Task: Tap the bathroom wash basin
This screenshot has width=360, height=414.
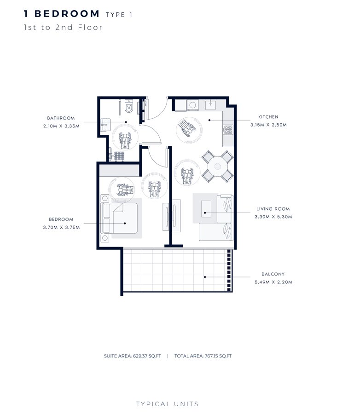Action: (x=104, y=124)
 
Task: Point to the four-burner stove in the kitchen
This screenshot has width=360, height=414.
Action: (x=228, y=130)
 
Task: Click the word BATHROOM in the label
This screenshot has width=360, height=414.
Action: (x=61, y=118)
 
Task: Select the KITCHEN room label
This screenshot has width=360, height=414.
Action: (x=268, y=117)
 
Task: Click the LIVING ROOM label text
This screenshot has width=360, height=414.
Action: (x=273, y=209)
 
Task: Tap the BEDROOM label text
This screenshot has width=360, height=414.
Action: (x=61, y=219)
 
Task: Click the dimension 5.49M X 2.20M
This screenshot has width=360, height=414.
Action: (x=273, y=282)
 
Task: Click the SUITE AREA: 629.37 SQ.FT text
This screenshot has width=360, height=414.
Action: (x=134, y=356)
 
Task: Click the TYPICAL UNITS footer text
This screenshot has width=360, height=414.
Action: (x=167, y=404)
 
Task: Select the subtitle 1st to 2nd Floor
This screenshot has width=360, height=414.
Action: (x=63, y=27)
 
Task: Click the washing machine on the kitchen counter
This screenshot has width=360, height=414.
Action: (x=192, y=105)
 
